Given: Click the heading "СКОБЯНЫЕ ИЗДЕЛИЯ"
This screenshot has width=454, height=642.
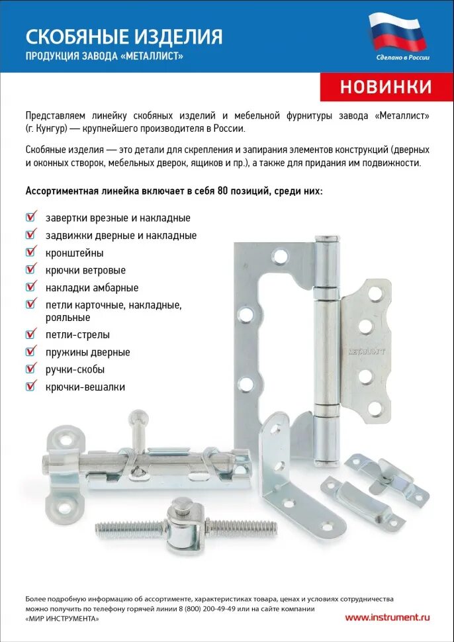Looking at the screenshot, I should [124, 36].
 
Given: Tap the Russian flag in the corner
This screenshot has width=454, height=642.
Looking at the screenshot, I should [398, 32].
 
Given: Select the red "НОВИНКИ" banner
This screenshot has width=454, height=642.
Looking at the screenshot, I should [386, 87].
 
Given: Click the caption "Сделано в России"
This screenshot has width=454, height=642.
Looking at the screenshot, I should [402, 58].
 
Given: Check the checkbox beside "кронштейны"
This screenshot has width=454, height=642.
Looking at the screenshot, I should [30, 252].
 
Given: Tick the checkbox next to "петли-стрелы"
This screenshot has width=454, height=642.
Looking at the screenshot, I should [30, 334].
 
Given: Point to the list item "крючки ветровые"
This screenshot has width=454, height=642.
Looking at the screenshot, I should [85, 270].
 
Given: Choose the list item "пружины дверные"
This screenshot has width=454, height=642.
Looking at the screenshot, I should [87, 352].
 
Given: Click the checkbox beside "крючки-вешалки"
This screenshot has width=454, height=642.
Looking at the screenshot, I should [30, 386].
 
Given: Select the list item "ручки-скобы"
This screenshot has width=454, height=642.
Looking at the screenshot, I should [75, 369].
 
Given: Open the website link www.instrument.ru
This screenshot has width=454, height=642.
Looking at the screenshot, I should [387, 617].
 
